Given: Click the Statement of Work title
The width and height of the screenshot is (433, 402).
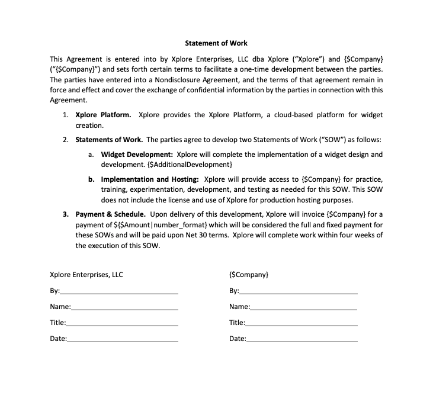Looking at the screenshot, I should pos(216,43).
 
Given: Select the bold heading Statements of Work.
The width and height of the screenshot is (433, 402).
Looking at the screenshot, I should pos(109,140).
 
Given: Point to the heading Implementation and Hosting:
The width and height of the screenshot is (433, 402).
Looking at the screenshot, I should pos(150,179).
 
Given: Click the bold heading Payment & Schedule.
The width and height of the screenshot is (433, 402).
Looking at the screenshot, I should pos(111,214).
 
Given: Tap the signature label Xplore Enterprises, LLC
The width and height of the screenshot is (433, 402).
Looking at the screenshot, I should pos(86,275).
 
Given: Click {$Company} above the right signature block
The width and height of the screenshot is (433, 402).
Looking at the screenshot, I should pos(248,275).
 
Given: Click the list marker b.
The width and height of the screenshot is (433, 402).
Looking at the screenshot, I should pos(92,179).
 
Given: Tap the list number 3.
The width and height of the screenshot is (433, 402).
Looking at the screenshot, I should pos(66,214).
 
